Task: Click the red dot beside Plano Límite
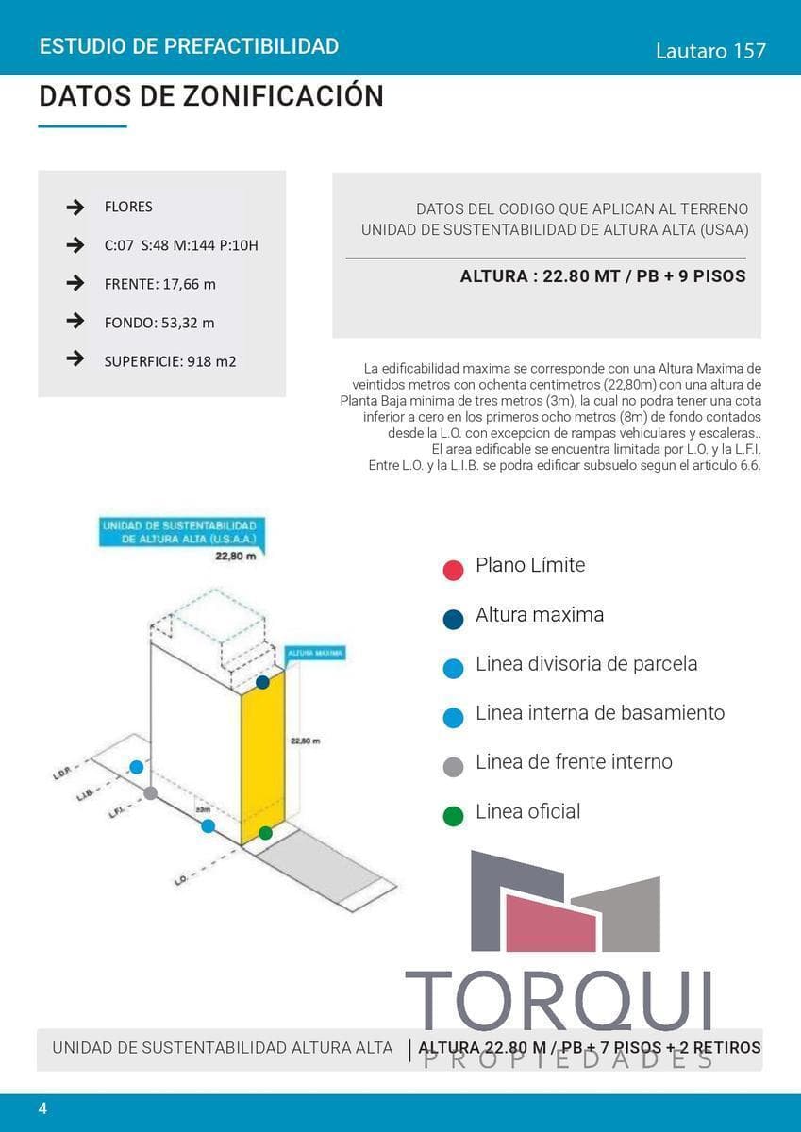(x=453, y=569)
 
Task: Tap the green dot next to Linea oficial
(x=453, y=815)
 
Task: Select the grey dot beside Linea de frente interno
(x=453, y=766)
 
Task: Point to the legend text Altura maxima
(x=539, y=614)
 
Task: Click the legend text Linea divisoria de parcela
(x=586, y=663)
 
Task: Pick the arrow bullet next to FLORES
(x=75, y=208)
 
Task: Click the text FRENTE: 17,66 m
(x=159, y=284)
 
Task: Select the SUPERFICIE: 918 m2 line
(x=170, y=360)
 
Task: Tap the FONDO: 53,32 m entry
(x=159, y=323)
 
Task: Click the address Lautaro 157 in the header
(x=710, y=51)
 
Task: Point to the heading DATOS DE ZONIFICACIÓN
(x=211, y=96)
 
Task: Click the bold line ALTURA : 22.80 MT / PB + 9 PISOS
(x=602, y=276)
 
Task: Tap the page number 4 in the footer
(x=42, y=1107)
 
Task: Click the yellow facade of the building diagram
(x=261, y=755)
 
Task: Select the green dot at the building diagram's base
(x=265, y=833)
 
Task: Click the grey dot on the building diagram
(x=150, y=793)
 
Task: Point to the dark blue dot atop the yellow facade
(x=262, y=681)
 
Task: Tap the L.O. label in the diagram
(x=179, y=880)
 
